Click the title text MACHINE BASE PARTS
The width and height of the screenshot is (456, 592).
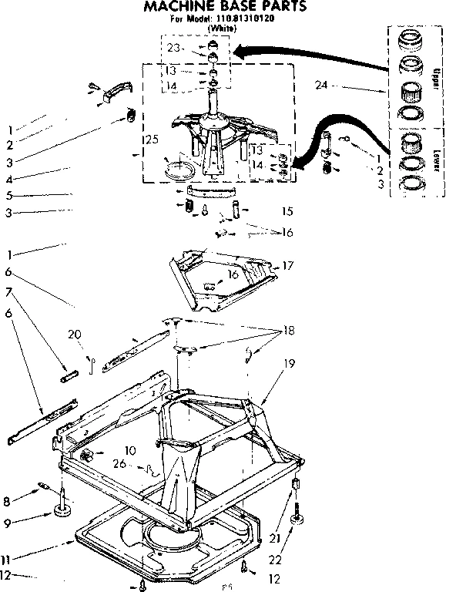[x=226, y=7]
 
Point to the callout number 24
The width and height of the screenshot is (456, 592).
[x=320, y=84]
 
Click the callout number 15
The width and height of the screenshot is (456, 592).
[x=287, y=210]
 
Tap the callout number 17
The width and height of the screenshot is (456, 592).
[x=288, y=265]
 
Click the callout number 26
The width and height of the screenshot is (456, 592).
[x=119, y=463]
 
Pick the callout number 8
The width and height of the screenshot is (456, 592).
[x=7, y=501]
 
